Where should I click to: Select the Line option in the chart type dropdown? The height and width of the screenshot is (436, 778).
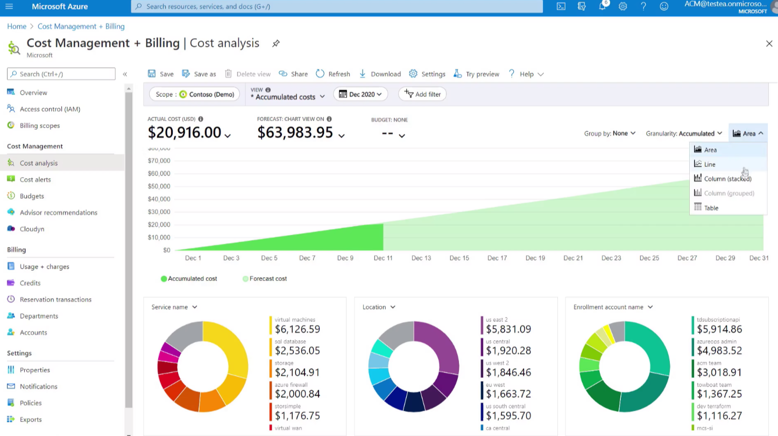(710, 164)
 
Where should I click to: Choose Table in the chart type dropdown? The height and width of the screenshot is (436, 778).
(711, 208)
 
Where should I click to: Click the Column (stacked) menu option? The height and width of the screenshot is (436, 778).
(727, 179)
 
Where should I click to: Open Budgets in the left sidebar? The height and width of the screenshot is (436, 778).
(32, 196)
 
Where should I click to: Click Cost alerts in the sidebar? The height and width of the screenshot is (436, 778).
(35, 179)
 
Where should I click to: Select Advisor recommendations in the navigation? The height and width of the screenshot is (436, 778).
(58, 213)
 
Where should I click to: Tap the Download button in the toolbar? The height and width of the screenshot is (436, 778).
(380, 74)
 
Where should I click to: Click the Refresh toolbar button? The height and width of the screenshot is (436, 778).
(333, 74)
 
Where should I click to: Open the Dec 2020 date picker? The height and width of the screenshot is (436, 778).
(360, 94)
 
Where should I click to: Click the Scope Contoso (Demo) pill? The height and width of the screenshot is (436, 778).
(195, 94)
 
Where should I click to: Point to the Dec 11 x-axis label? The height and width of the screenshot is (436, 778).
(383, 258)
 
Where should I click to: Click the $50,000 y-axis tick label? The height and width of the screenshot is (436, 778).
(159, 186)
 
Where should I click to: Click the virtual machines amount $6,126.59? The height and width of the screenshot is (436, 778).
(297, 329)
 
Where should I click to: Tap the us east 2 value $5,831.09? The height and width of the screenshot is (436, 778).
(508, 329)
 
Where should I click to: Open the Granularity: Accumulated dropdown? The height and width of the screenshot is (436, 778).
(684, 133)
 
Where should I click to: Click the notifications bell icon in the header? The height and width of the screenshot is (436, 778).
(602, 6)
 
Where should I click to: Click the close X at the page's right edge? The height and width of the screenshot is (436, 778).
(769, 44)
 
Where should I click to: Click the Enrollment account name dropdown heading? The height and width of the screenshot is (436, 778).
(613, 307)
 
